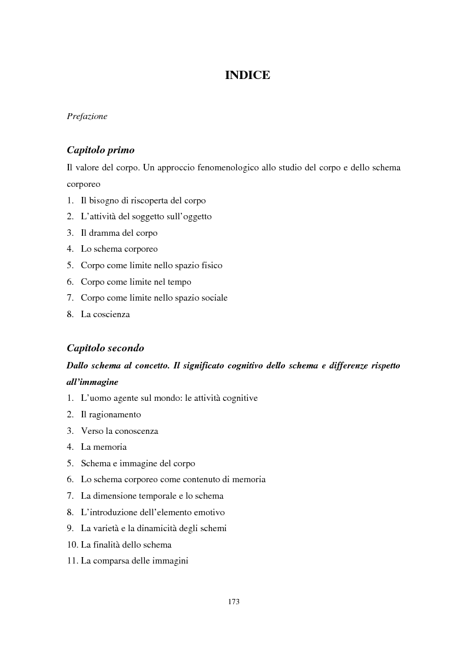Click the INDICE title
pos(247,75)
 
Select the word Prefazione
pos(87,116)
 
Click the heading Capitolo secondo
pos(105,348)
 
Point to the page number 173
pos(233,602)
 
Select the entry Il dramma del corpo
pos(119,233)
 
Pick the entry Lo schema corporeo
pos(119,249)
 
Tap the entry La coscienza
pos(105,314)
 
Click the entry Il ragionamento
pos(111,414)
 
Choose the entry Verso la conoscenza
pos(120,430)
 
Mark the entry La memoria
pos(104,447)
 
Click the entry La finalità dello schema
pos(126,544)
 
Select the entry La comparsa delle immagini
pos(134,561)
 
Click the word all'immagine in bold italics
pos(92,381)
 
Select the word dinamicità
pos(163,528)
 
